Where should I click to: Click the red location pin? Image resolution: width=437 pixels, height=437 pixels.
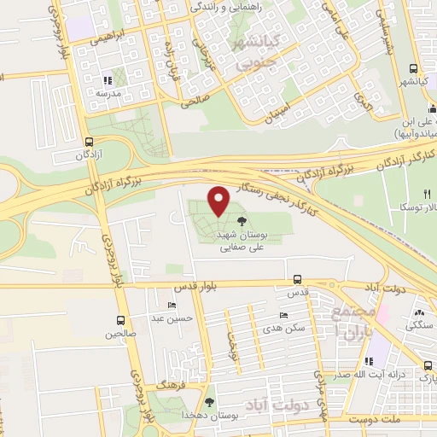(219, 201)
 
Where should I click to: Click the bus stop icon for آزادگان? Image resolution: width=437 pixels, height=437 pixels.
(90, 143)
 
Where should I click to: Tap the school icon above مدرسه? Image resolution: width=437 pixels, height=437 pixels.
(108, 79)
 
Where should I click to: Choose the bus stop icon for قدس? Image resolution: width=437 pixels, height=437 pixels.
(297, 279)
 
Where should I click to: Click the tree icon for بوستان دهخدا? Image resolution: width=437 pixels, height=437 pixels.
(211, 400)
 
